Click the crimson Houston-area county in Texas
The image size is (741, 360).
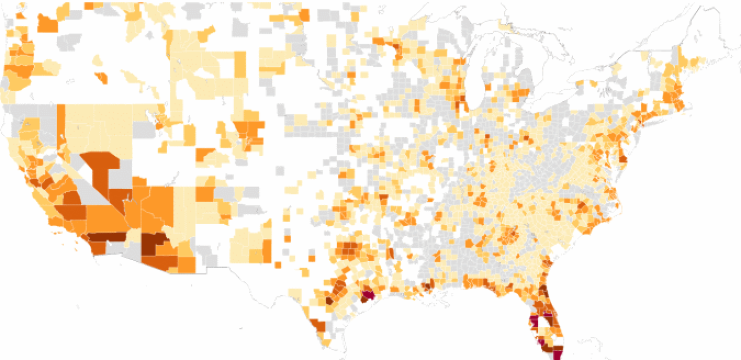[x=367, y=295]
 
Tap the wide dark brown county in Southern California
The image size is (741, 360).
[x=107, y=237]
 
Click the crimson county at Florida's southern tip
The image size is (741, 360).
[x=558, y=354]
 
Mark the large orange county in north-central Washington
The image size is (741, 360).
[x=47, y=22]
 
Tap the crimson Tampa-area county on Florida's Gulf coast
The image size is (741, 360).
[x=534, y=323]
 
